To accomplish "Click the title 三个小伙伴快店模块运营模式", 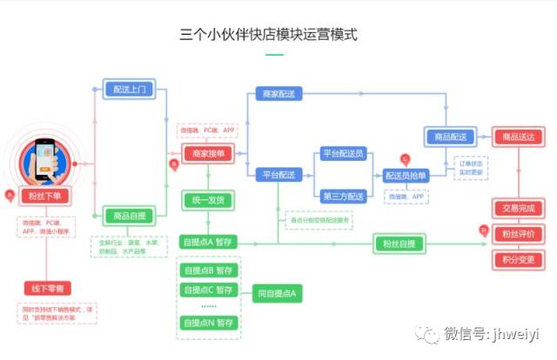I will pyautogui.click(x=268, y=35).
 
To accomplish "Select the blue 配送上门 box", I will pyautogui.click(x=131, y=90).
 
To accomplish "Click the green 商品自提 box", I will pyautogui.click(x=131, y=215).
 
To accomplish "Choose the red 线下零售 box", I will pyautogui.click(x=50, y=288).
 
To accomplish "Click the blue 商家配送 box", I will pyautogui.click(x=278, y=93).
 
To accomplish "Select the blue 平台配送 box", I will pyautogui.click(x=278, y=175).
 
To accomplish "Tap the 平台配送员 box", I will pyautogui.click(x=343, y=153).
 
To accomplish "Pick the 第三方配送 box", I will pyautogui.click(x=343, y=197).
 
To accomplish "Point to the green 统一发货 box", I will pyautogui.click(x=208, y=201).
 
